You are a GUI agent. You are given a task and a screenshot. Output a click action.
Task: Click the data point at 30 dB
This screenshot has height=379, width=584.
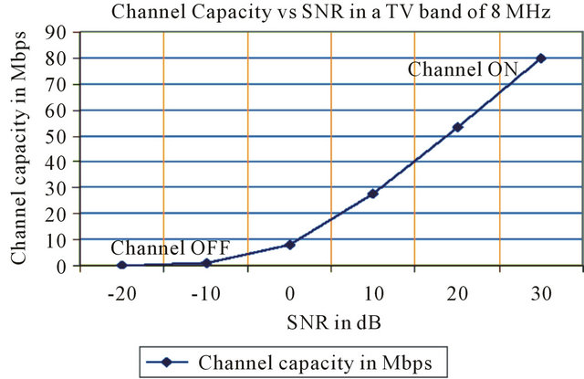coord(541,58)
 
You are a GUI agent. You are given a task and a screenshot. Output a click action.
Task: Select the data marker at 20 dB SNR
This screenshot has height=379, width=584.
coord(457,127)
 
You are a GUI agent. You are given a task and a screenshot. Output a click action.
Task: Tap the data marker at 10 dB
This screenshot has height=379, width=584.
coord(373,194)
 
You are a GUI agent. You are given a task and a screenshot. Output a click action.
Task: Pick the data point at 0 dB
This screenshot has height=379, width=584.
coord(290,245)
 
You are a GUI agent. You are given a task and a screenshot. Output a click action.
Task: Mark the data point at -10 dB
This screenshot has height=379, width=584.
coord(206,263)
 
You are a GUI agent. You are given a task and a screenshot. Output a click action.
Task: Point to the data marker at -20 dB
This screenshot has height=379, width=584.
coord(122,265)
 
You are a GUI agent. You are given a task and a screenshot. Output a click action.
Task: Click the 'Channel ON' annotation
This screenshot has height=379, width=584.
coord(463,68)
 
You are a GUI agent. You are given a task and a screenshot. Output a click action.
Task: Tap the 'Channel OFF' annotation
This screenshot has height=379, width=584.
coord(170,247)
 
